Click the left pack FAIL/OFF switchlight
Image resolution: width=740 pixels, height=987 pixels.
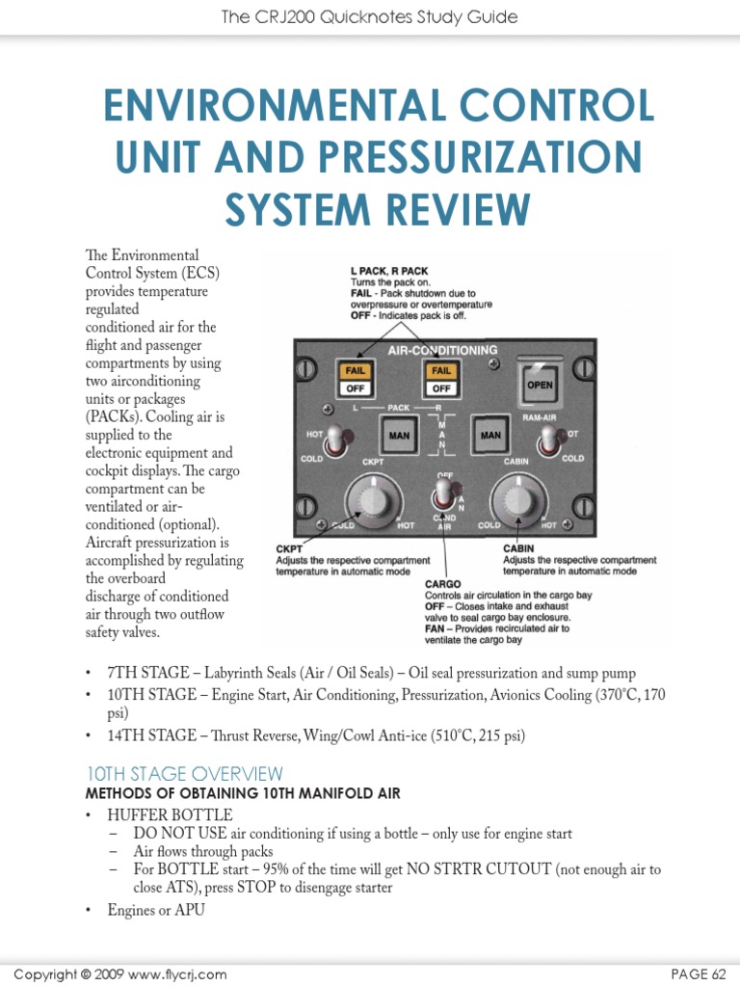point(354,378)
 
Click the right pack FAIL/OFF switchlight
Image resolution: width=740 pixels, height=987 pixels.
point(441,378)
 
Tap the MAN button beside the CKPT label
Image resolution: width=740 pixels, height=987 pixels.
point(398,436)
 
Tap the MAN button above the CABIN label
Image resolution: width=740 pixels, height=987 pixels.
point(490,436)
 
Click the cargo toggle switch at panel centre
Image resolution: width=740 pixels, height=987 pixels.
point(444,494)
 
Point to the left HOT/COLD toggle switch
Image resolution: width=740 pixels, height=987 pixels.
point(333,440)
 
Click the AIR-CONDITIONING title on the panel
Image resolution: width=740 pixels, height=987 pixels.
point(442,350)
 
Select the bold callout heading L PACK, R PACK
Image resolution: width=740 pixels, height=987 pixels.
point(389,271)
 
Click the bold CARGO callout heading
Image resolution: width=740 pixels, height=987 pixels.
point(443,584)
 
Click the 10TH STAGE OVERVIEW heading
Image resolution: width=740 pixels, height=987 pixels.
point(185,773)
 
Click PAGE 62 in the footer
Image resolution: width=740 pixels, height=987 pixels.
point(700,974)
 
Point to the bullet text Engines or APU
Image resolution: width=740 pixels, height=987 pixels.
point(156,909)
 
